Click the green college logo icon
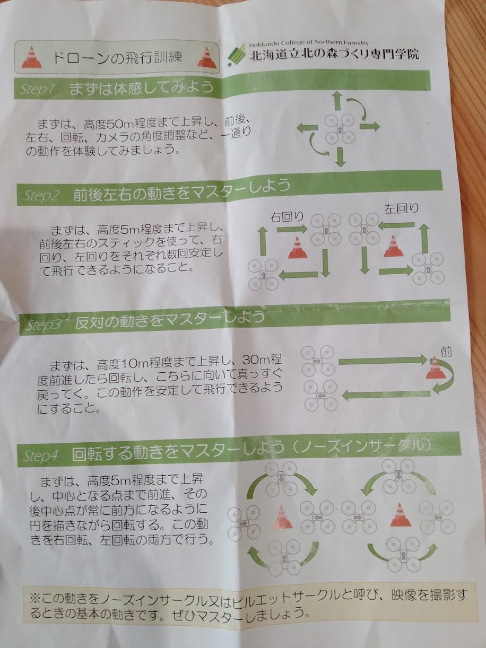[237, 55]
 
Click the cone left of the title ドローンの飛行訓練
[32, 58]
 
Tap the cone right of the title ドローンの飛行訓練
[207, 58]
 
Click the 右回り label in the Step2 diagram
[287, 217]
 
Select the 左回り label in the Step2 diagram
[402, 209]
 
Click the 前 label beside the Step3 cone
[446, 352]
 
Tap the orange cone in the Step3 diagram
[435, 368]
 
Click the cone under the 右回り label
[298, 248]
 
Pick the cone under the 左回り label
[393, 246]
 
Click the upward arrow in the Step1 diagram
[337, 102]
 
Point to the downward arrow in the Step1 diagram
[341, 157]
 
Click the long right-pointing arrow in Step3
[383, 360]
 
